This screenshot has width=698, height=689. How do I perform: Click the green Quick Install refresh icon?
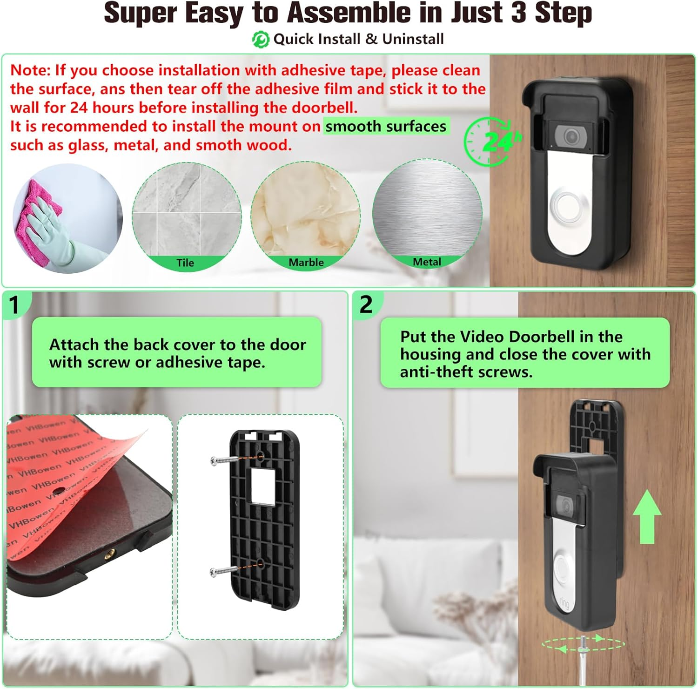pyautogui.click(x=261, y=40)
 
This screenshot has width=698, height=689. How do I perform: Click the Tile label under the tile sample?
pyautogui.click(x=185, y=263)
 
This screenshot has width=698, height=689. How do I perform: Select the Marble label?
pyautogui.click(x=306, y=263)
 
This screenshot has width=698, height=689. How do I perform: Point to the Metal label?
pyautogui.click(x=427, y=262)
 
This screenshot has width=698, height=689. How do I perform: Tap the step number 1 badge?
pyautogui.click(x=14, y=305)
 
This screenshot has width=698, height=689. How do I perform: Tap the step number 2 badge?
pyautogui.click(x=366, y=304)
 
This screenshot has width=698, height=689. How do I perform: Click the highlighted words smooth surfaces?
pyautogui.click(x=386, y=126)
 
